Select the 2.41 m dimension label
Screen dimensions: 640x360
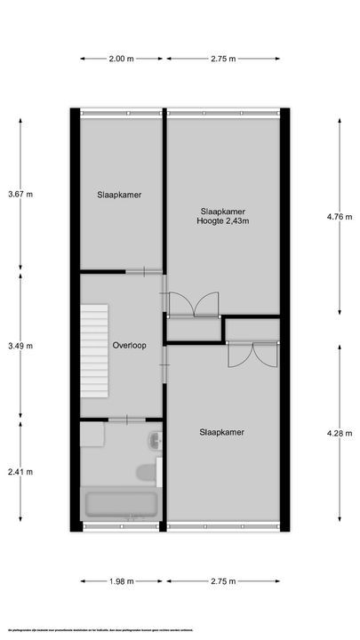[x=20, y=472]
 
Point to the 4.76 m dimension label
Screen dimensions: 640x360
[x=340, y=216]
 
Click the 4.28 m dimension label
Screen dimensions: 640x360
[x=340, y=433]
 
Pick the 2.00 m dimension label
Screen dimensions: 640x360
[x=121, y=60]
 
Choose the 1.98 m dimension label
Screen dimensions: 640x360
[x=121, y=581]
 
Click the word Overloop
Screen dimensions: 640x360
[x=129, y=345]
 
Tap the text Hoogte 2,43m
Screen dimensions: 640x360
[x=222, y=221]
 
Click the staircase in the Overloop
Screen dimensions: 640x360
[x=94, y=350]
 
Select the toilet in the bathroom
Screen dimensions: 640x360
[x=142, y=472]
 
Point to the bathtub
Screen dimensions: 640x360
[x=121, y=507]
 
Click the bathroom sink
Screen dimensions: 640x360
[x=156, y=440]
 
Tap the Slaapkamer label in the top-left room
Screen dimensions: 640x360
[x=120, y=195]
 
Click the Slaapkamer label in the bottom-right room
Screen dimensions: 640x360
[x=222, y=433]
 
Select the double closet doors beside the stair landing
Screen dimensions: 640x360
[x=191, y=305]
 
